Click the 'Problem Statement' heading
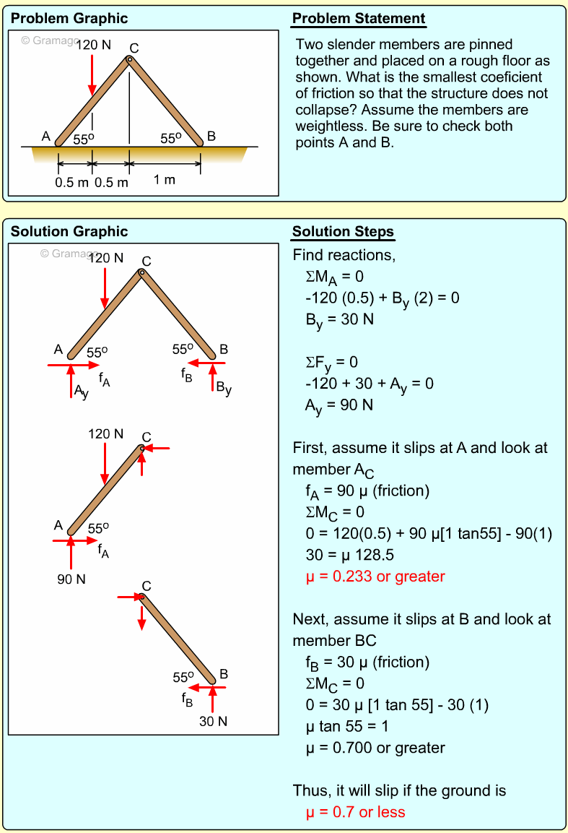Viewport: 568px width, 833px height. pyautogui.click(x=359, y=19)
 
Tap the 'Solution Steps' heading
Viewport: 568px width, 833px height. pyautogui.click(x=343, y=232)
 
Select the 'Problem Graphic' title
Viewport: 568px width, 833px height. pyautogui.click(x=69, y=19)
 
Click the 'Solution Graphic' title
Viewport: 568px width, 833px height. pyautogui.click(x=69, y=232)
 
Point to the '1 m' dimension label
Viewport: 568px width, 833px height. pyautogui.click(x=164, y=180)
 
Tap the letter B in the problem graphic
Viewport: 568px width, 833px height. pyautogui.click(x=211, y=136)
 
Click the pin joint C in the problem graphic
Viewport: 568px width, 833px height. pyautogui.click(x=130, y=59)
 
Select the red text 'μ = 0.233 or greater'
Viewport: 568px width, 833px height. pyautogui.click(x=375, y=577)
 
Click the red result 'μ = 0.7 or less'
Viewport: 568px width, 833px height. pyautogui.click(x=355, y=812)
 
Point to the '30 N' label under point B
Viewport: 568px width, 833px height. pyautogui.click(x=214, y=721)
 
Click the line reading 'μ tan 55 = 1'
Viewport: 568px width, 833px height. pyautogui.click(x=350, y=726)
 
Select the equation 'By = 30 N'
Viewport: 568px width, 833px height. pyautogui.click(x=339, y=319)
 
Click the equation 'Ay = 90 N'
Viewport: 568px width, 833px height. pyautogui.click(x=338, y=405)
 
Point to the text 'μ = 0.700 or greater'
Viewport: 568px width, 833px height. pyautogui.click(x=375, y=748)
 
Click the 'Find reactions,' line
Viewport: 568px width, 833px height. pyautogui.click(x=344, y=255)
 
